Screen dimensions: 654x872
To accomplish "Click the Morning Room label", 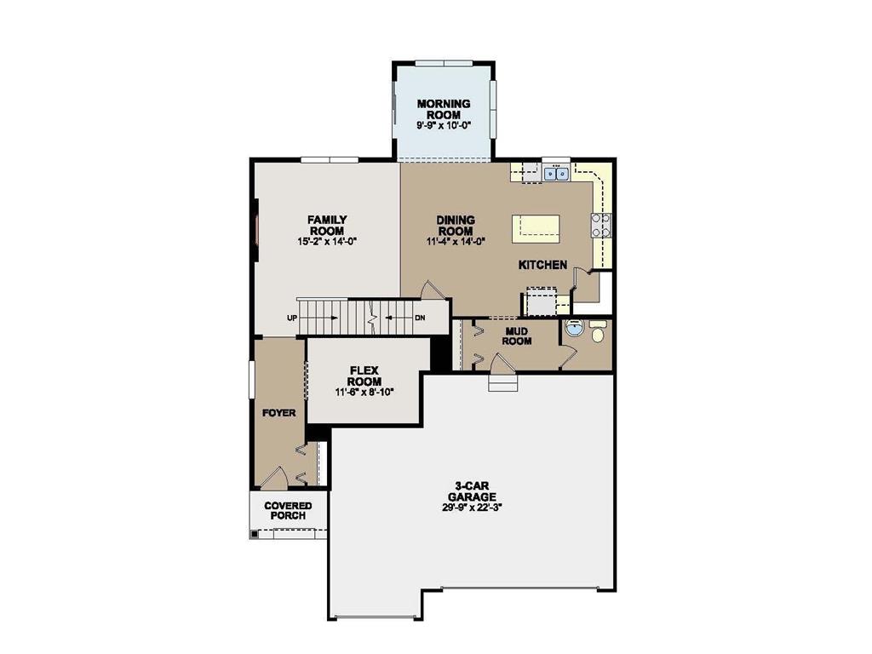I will tap(443, 109).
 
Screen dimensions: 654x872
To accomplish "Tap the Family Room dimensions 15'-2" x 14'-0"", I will tap(326, 242).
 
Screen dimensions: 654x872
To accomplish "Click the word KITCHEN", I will tap(542, 265).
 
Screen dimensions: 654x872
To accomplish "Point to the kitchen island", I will tap(536, 227).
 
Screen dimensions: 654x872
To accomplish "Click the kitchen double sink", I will tap(556, 174).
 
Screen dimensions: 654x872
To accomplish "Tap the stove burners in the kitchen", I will tap(602, 224).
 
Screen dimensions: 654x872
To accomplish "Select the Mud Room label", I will tap(518, 336).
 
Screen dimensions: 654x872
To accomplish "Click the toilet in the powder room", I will tap(597, 334).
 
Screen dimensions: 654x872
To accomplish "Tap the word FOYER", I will tap(278, 413).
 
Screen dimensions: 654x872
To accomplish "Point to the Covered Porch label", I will tap(288, 511).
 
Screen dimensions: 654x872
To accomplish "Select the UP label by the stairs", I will tap(293, 318).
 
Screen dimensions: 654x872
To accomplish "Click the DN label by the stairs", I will tap(419, 318).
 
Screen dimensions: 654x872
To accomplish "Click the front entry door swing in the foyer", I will tap(275, 479).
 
